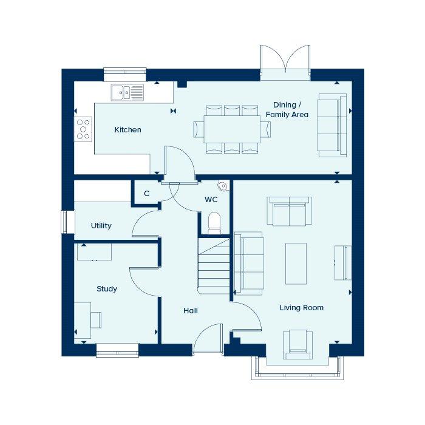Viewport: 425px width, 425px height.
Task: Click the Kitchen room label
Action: pyautogui.click(x=127, y=130)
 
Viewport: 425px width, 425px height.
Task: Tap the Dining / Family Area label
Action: pyautogui.click(x=287, y=110)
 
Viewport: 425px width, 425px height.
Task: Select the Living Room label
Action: pyautogui.click(x=301, y=308)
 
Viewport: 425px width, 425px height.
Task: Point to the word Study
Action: pyautogui.click(x=107, y=289)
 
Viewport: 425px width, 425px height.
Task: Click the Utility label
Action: pyautogui.click(x=101, y=225)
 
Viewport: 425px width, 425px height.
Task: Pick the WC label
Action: pyautogui.click(x=211, y=200)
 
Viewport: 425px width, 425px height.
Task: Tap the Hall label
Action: pyautogui.click(x=190, y=311)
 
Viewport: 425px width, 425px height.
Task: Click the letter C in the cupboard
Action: pyautogui.click(x=147, y=194)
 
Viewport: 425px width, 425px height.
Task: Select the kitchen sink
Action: pyautogui.click(x=127, y=92)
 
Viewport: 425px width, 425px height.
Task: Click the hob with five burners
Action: pyautogui.click(x=83, y=129)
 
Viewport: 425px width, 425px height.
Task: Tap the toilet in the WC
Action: pyautogui.click(x=214, y=223)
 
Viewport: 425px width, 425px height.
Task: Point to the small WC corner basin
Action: pyautogui.click(x=223, y=186)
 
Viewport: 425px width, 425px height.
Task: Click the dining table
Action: pyautogui.click(x=232, y=129)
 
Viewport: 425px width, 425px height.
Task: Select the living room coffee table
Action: pyautogui.click(x=296, y=263)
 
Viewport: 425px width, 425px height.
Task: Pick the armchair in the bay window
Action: pyautogui.click(x=297, y=344)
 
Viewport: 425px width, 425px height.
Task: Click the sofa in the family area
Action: pyautogui.click(x=332, y=126)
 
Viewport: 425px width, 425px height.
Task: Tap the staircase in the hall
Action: pyautogui.click(x=214, y=266)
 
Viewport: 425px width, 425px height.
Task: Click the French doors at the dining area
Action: pyautogui.click(x=285, y=63)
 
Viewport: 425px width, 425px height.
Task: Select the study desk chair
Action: pyautogui.click(x=96, y=320)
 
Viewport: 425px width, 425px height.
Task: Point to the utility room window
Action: pyautogui.click(x=64, y=222)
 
